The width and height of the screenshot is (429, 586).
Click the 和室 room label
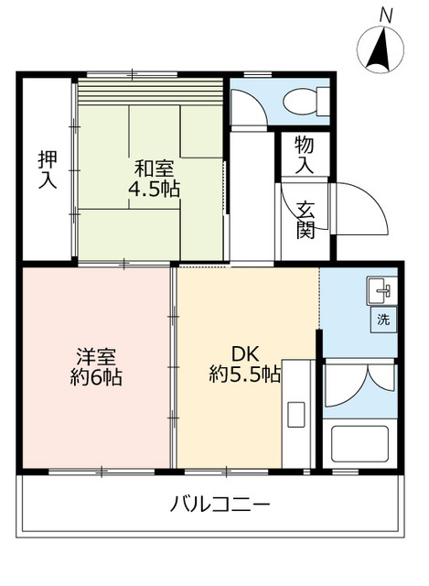point(154,168)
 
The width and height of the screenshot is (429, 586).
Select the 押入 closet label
point(47,169)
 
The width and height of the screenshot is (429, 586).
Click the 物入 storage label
point(305,157)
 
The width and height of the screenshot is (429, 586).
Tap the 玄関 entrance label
point(305,219)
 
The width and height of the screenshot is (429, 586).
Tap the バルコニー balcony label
point(220,504)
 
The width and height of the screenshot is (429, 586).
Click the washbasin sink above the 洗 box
point(383,290)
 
